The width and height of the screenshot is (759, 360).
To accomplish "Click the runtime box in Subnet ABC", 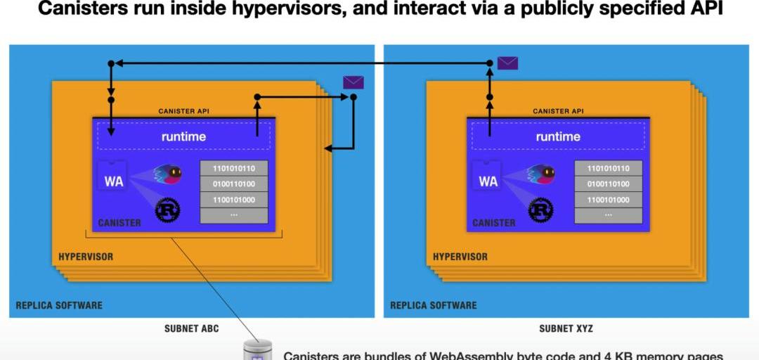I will click(x=183, y=136).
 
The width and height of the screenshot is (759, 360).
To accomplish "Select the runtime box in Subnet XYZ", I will click(x=558, y=136).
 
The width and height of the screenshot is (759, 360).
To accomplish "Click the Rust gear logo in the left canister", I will click(x=167, y=210).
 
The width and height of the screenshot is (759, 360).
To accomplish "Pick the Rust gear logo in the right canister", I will click(x=540, y=210).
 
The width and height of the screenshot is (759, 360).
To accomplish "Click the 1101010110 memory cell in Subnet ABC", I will click(x=234, y=168).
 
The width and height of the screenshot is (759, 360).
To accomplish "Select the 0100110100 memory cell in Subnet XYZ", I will click(x=608, y=184).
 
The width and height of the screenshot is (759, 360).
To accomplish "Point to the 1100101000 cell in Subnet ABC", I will click(x=234, y=200).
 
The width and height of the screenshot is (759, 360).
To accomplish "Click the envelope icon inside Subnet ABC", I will click(x=353, y=82).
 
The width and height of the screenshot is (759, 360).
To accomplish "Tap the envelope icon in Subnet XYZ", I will click(x=507, y=63).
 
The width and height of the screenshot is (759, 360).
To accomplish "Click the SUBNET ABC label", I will click(x=191, y=328).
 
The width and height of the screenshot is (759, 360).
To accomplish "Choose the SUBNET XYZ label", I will click(x=566, y=328).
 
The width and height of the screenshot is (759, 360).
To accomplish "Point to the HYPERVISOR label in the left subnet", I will click(x=86, y=257).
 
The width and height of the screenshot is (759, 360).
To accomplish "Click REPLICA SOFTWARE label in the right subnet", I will click(x=434, y=305).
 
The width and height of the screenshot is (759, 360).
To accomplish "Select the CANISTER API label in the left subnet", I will click(x=183, y=111).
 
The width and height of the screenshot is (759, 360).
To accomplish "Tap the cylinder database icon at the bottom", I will click(x=257, y=349).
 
